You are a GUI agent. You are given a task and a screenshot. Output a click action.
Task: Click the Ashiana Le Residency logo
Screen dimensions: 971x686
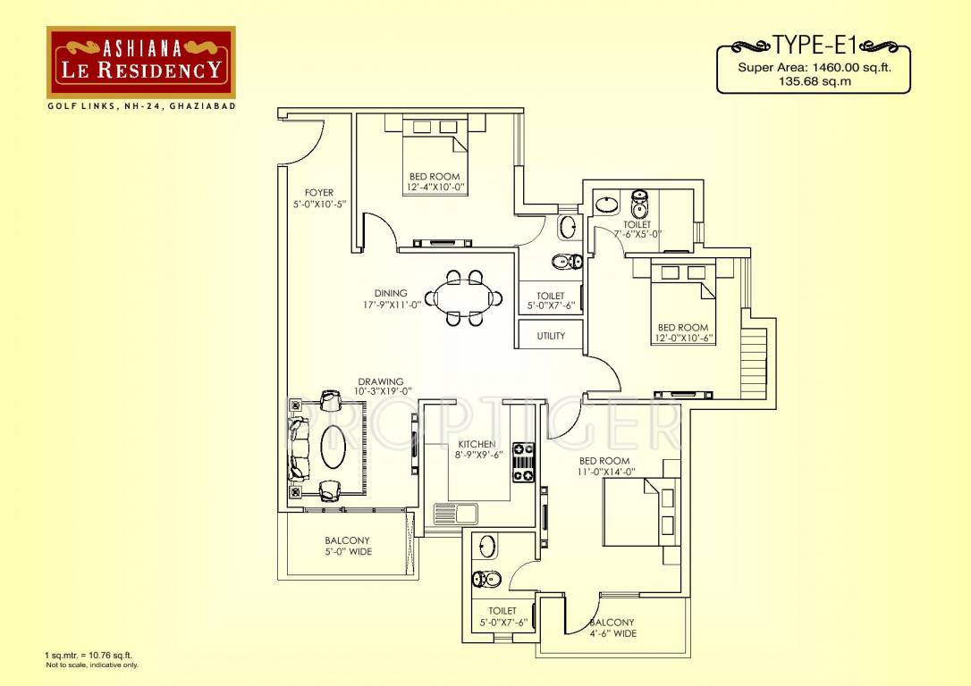[x=141, y=62]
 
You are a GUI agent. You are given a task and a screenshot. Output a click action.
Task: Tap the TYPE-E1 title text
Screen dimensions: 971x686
[x=813, y=44]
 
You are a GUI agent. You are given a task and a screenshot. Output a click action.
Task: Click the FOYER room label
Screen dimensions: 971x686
[x=319, y=193]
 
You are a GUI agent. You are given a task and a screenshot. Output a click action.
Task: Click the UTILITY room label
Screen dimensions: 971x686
[x=551, y=337]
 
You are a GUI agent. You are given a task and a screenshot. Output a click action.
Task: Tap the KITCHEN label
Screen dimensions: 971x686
[x=477, y=444]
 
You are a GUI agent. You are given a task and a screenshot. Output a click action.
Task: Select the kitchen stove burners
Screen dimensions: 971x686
[x=522, y=463]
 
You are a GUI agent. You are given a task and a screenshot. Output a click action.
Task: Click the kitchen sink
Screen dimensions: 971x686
[x=455, y=514]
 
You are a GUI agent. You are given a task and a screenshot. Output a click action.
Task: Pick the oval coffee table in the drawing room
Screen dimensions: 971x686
[x=334, y=447]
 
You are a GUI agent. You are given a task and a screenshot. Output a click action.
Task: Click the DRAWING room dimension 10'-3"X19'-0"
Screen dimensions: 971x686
[x=382, y=390]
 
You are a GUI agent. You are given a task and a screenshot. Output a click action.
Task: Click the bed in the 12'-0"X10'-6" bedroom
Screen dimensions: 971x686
[x=681, y=299]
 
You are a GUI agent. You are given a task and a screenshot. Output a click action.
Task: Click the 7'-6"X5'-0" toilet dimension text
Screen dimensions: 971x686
[x=637, y=234]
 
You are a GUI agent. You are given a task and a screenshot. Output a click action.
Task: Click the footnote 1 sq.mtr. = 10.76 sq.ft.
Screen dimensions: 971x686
[x=89, y=657]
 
